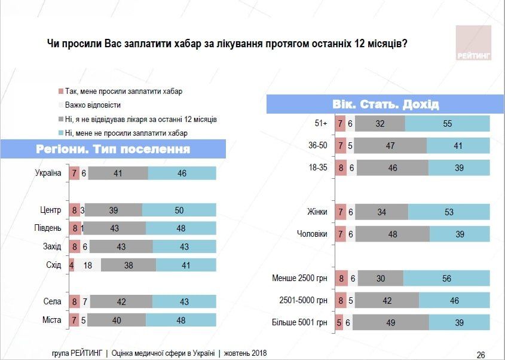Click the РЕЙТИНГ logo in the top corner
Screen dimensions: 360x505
[x=473, y=44]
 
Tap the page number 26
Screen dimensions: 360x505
[x=481, y=353]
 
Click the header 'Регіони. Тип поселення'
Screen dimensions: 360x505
[x=113, y=149]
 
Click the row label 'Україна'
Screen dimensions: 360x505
[x=48, y=173]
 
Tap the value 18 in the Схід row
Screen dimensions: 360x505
[x=88, y=265]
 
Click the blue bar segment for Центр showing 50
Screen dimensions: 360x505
[x=179, y=210]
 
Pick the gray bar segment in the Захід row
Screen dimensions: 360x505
[x=121, y=246]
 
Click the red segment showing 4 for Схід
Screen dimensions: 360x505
[x=72, y=265]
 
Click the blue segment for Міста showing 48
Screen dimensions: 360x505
[x=181, y=320]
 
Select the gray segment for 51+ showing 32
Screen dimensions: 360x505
[x=379, y=124]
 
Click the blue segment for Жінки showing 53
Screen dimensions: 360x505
[x=449, y=212]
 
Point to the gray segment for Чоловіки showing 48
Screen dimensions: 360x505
[x=392, y=234]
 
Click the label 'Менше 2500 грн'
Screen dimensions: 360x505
[x=299, y=278]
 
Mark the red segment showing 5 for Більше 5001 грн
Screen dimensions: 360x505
[x=339, y=322]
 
